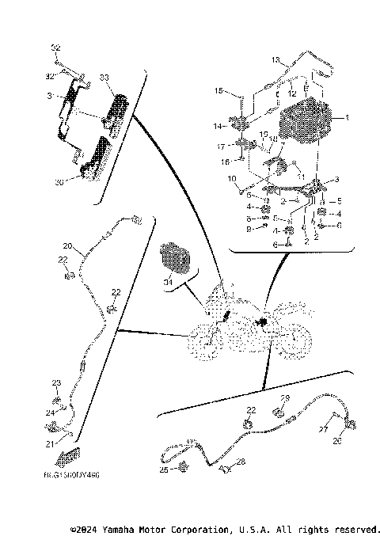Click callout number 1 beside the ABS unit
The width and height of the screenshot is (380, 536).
(346, 118)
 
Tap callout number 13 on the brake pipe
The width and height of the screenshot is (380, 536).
(276, 59)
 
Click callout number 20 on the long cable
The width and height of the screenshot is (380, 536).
(67, 245)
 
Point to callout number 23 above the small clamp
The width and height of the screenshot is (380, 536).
(56, 382)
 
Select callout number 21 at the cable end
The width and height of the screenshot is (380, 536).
(49, 443)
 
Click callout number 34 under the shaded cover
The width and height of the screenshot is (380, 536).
(168, 281)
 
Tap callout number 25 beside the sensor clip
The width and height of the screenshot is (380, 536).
(164, 469)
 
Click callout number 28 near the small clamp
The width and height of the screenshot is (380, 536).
(241, 461)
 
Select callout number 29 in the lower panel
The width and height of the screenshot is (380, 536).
(286, 398)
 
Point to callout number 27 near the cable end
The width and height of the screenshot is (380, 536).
(324, 428)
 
